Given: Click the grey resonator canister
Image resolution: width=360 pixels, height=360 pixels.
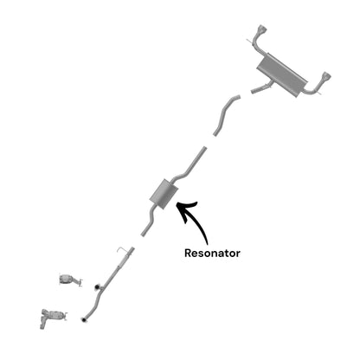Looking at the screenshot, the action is coord(164,194).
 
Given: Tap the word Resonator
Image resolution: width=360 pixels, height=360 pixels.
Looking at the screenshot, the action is coord(212,253).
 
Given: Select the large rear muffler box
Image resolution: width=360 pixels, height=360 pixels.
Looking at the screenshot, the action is coord(282,75).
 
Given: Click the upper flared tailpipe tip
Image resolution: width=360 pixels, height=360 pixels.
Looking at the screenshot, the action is coord(262,29).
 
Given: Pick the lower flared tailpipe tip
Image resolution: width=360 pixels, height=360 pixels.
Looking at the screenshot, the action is coord(326,76).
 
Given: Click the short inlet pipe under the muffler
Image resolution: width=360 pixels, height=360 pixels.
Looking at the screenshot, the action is coord(261,88).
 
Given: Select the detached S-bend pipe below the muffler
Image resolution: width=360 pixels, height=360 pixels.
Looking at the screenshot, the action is coord(226,115).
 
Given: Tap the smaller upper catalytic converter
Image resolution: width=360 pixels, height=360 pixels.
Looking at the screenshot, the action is coord(67,279).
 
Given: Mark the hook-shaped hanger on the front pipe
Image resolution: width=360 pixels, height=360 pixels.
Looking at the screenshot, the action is coord(122,250).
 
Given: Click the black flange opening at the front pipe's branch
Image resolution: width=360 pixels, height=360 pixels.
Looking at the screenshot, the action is coord(97,286).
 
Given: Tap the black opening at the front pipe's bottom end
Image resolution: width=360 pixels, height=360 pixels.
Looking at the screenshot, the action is coord(83,319).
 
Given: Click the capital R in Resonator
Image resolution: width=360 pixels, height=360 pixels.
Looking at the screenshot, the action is coord(188,253).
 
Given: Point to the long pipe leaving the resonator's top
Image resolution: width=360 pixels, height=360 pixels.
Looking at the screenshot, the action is coord(190,165).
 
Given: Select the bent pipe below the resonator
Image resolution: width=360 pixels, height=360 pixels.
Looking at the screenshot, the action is coord(151,219).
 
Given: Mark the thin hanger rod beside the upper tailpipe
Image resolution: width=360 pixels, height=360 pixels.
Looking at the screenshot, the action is coord(252,42).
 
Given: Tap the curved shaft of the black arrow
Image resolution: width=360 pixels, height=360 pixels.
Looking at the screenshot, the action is coord(199,222).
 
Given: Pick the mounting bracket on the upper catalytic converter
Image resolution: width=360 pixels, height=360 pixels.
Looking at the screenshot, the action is coord(79,282).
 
